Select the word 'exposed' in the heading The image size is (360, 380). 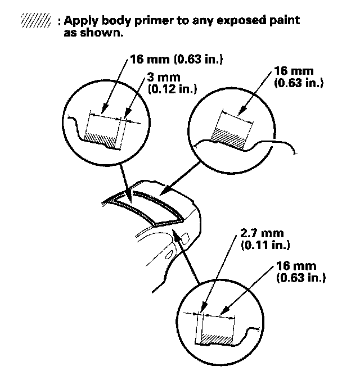[250, 21]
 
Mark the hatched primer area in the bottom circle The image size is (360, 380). [220, 340]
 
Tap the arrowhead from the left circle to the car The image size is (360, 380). [129, 199]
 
